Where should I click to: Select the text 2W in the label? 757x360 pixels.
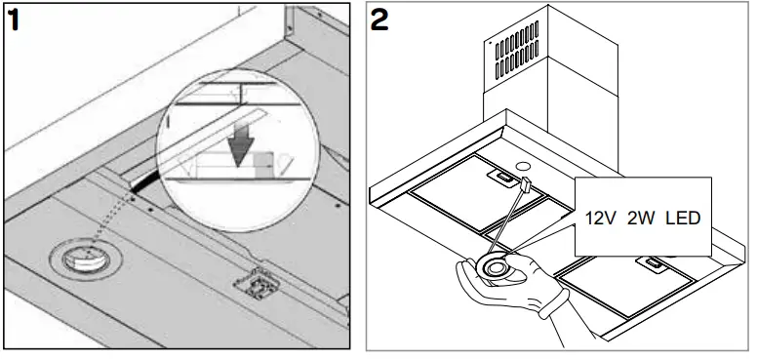click(x=646, y=218)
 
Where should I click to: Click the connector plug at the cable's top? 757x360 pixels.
click(x=525, y=185)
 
